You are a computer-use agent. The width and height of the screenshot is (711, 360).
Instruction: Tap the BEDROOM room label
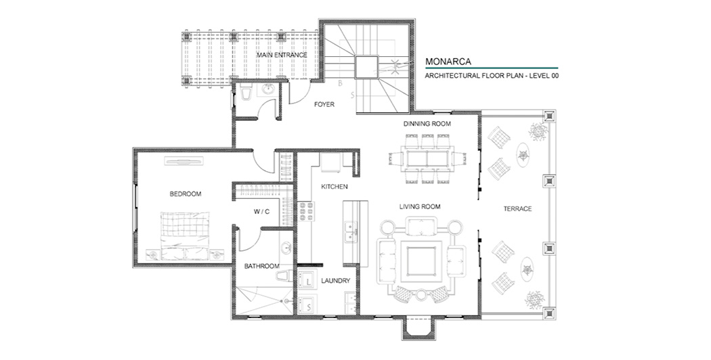186,194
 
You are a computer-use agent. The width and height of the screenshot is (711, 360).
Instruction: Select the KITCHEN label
335,186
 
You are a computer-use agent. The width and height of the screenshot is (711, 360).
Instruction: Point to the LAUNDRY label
336,281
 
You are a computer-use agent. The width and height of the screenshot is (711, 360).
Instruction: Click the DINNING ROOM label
427,124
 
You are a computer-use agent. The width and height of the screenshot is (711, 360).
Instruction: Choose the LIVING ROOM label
420,207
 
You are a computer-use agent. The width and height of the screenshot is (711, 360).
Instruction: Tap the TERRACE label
517,208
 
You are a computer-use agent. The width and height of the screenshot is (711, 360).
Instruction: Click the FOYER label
324,104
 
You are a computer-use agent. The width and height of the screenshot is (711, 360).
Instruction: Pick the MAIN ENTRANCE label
282,55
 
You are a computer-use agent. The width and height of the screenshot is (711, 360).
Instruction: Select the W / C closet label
261,211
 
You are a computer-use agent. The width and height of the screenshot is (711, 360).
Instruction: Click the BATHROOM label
261,266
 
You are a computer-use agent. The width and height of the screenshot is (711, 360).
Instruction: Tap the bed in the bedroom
185,235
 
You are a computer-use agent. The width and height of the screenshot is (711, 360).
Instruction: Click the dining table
427,159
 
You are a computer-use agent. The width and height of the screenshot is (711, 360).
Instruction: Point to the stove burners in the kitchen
306,211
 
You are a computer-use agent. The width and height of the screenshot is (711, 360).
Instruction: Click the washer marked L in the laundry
308,279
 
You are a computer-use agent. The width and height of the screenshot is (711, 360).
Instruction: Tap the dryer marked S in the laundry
308,304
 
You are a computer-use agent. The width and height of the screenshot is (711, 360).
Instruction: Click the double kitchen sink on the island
350,232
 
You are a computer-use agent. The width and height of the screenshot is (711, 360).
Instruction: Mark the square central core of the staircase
366,67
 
